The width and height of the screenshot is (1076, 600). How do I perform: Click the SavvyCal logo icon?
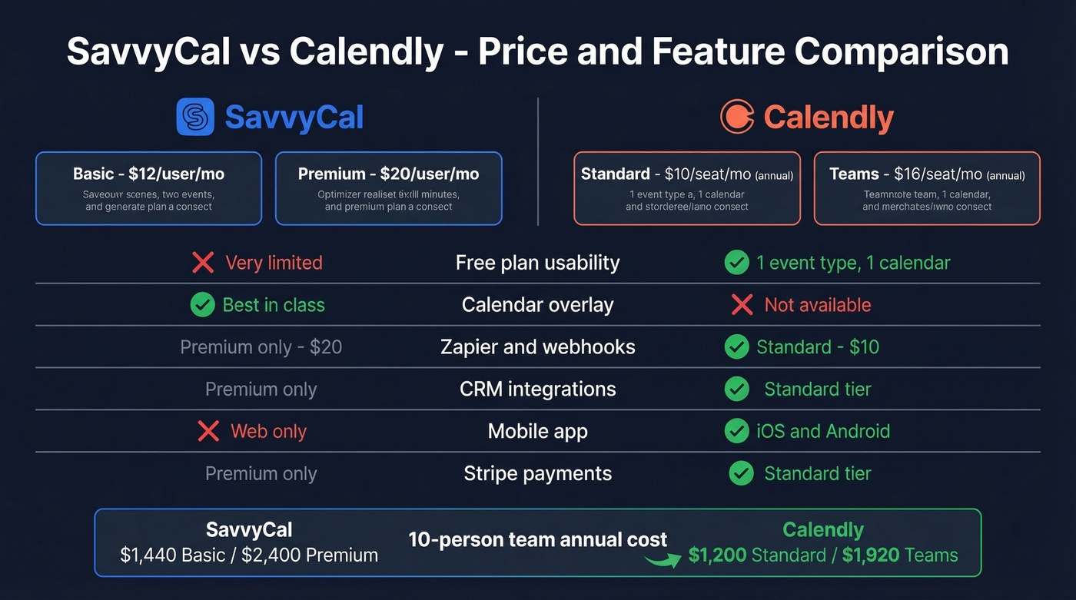coord(196,118)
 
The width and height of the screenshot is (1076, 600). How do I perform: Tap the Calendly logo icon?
coord(737,118)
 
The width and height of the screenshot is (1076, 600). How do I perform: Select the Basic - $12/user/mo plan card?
coord(148,188)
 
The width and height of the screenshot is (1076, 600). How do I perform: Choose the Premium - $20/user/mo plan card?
coord(388,188)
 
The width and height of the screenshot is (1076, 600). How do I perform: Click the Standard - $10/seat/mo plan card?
coord(687,188)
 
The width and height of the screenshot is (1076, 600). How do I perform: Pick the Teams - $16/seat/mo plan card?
coord(927,188)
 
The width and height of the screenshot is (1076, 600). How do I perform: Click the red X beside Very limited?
coord(203,263)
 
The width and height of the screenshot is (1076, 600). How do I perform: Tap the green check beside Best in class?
coord(202,305)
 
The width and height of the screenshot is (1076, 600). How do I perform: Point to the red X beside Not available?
coord(742,305)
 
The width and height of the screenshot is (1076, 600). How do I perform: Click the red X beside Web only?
coord(208,431)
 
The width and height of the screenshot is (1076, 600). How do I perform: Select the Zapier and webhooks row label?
coord(537,347)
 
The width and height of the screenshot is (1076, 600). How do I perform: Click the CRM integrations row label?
coord(537,389)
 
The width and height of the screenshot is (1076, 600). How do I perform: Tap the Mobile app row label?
coord(537,431)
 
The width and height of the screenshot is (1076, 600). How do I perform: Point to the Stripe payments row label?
coord(537,473)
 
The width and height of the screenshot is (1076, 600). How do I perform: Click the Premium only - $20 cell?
coord(261,347)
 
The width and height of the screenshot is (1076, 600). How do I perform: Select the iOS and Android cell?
coord(823,431)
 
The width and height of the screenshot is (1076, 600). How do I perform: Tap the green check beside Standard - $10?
coord(736,347)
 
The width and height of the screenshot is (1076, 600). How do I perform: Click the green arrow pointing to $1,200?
coord(663,559)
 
